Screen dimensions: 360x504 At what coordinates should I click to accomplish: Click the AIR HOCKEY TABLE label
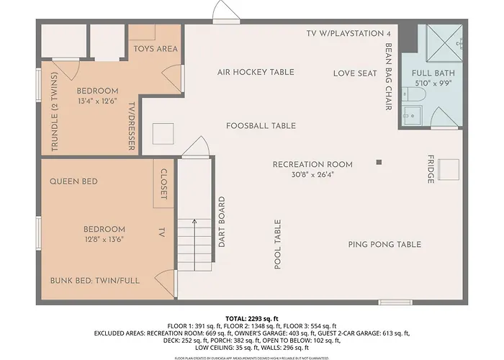click(256, 72)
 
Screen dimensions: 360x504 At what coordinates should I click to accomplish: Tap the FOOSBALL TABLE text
click(261, 126)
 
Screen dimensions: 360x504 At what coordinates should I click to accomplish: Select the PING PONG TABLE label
click(384, 245)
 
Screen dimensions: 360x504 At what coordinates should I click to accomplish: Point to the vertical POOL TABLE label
click(277, 245)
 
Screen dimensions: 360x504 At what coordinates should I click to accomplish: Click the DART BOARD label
click(222, 222)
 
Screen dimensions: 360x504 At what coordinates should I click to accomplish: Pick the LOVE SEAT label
click(355, 73)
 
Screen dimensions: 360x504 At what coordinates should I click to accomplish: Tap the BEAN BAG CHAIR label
click(388, 78)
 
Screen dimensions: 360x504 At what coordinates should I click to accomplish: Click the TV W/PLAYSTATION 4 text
click(348, 33)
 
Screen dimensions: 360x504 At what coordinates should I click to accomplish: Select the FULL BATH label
click(432, 73)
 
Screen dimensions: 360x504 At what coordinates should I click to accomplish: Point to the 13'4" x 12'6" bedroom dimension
click(97, 101)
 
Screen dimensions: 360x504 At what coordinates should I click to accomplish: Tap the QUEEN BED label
click(73, 181)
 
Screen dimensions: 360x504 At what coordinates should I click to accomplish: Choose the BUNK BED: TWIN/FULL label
click(95, 280)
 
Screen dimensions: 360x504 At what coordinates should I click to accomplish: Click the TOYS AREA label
click(156, 49)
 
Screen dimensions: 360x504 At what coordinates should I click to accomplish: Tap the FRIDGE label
click(431, 169)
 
